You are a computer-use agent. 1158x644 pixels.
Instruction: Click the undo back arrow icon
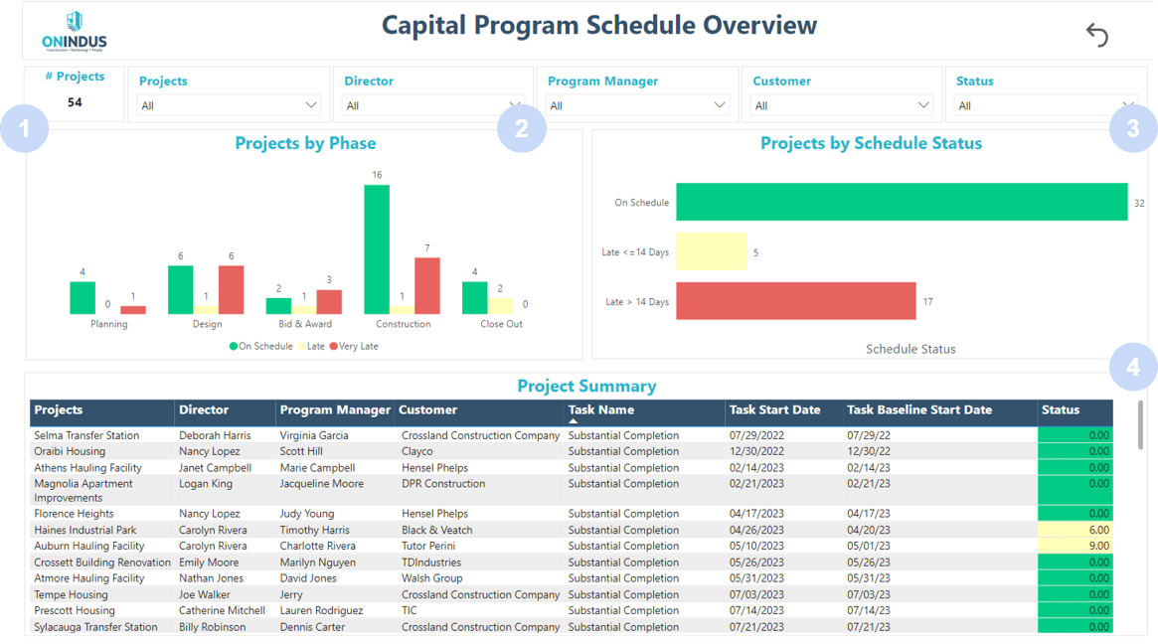[x=1096, y=35]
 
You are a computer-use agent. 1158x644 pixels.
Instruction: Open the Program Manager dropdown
[x=636, y=105]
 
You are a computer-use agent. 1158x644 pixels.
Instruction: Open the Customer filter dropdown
[x=841, y=105]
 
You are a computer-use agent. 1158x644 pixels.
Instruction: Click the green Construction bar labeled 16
[x=377, y=248]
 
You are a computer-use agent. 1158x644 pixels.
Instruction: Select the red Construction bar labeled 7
[x=426, y=285]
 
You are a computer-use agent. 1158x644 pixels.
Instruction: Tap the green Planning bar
[x=83, y=298]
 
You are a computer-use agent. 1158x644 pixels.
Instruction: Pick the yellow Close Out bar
[x=500, y=305]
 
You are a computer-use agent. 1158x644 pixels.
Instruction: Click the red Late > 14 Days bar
[x=795, y=301]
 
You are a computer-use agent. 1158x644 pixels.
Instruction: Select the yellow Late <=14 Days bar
[x=711, y=251]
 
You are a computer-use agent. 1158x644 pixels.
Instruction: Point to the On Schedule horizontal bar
[x=901, y=202]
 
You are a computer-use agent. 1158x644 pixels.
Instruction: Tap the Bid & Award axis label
[x=305, y=324]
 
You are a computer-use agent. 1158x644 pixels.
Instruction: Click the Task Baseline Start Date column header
[x=919, y=409]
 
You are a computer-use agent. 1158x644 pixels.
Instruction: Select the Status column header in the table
[x=1061, y=409]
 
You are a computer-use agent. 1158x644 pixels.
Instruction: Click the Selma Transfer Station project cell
[x=86, y=435]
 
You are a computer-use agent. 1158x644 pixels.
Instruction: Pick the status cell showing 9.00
[x=1075, y=546]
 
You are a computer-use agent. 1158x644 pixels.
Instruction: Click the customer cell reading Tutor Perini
[x=428, y=546]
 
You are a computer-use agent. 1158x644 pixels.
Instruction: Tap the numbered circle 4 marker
[x=1133, y=368]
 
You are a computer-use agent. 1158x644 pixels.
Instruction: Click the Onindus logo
[x=75, y=32]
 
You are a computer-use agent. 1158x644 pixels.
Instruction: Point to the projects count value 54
[x=75, y=102]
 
